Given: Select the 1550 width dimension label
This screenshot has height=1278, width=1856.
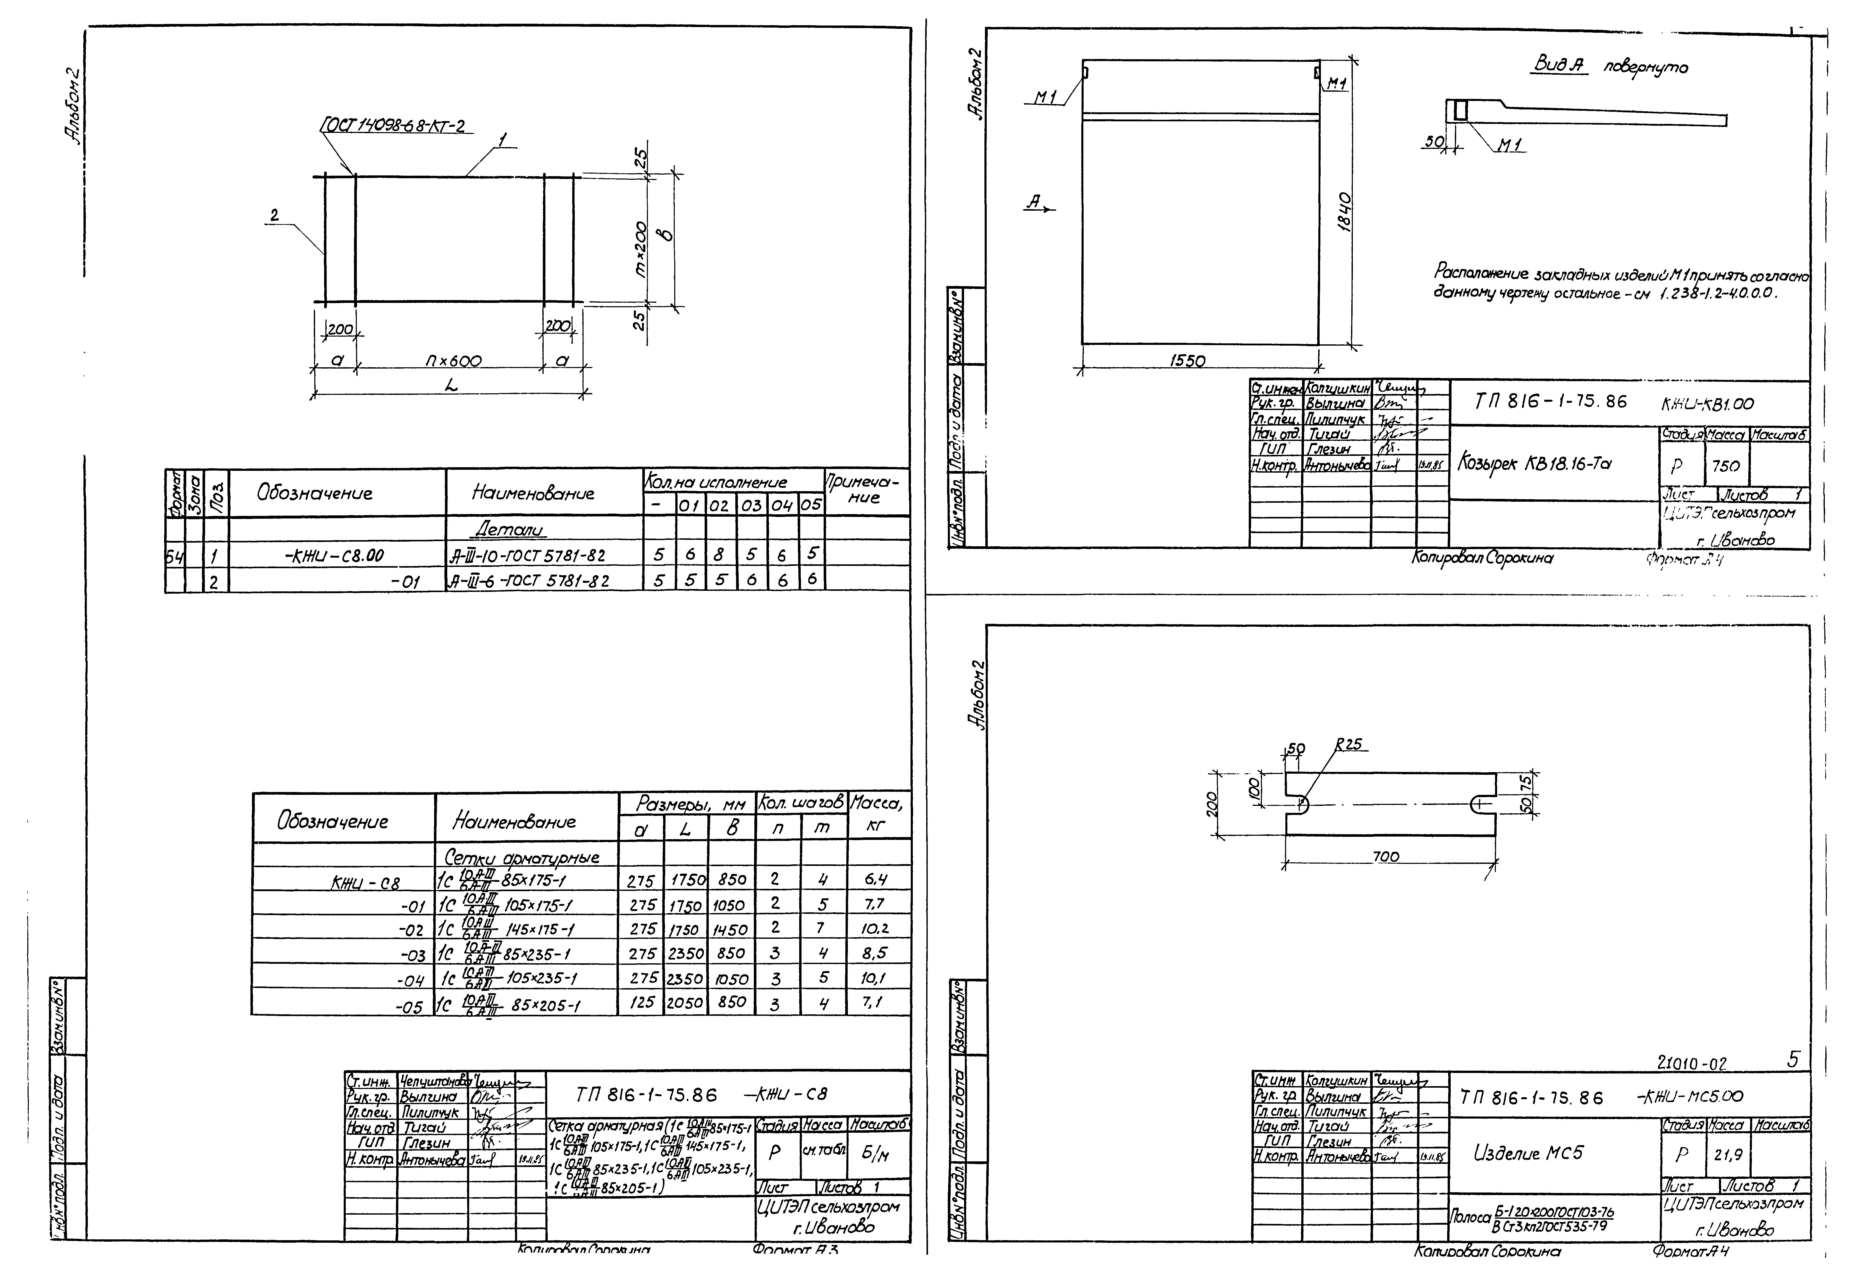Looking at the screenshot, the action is click(1187, 361).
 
